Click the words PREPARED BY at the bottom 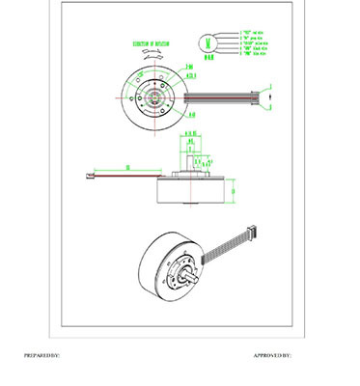[42, 356]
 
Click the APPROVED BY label [272, 356]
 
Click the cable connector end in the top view [271, 93]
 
